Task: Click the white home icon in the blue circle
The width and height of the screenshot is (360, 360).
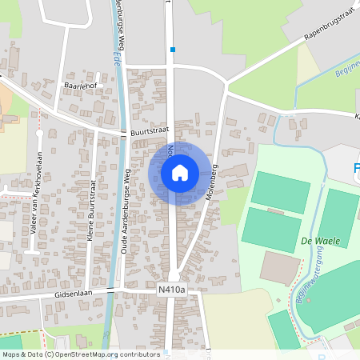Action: (179, 172)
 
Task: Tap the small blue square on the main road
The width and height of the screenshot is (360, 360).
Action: (172, 50)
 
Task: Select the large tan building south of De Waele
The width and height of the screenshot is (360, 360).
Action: (281, 269)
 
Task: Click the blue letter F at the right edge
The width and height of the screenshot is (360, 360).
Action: (356, 169)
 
